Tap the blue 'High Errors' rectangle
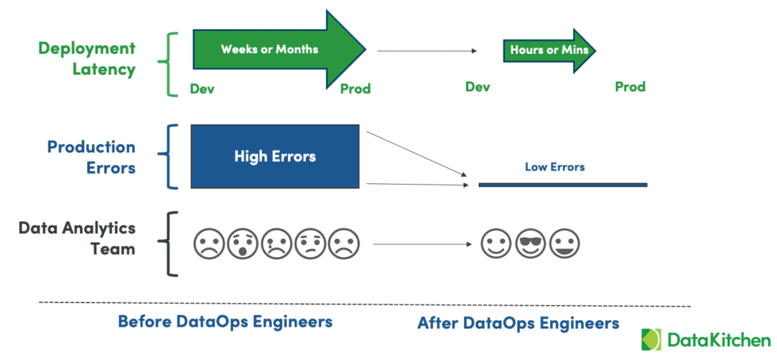click(x=274, y=156)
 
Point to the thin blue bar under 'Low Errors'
click(x=562, y=185)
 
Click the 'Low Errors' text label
click(x=554, y=167)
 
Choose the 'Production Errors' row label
click(x=90, y=157)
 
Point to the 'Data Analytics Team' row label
click(x=77, y=238)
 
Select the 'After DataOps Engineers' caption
click(x=518, y=323)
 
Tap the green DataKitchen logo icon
click(x=652, y=339)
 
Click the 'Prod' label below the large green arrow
click(x=355, y=89)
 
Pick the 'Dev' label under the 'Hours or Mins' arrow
click(x=477, y=87)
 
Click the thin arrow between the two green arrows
click(x=427, y=51)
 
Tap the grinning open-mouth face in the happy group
click(x=565, y=243)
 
